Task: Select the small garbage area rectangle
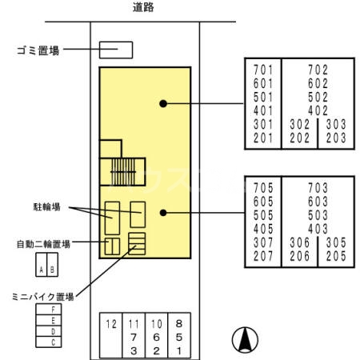[115, 50]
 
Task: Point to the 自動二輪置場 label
[43, 242]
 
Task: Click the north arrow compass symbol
[245, 341]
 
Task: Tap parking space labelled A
[39, 270]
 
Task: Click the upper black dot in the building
[162, 102]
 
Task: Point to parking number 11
[134, 323]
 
